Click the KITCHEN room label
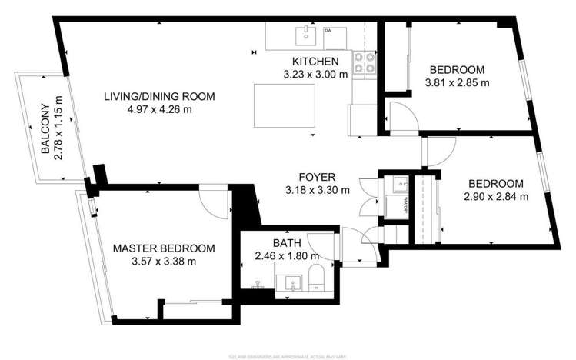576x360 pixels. point(315,62)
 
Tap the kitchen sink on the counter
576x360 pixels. point(307,33)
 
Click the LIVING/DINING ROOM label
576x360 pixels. point(159,96)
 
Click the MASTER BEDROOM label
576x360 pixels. point(163,248)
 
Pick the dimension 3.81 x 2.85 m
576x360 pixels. point(457,82)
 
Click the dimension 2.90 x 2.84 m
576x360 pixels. point(496,197)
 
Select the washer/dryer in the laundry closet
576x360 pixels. point(398,185)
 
